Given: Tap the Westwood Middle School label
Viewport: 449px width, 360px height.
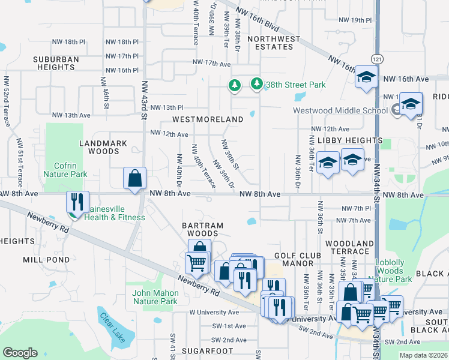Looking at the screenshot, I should pos(340,110).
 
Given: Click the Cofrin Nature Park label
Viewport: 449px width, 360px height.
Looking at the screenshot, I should pos(65,169).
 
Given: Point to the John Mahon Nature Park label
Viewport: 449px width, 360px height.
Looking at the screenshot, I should pos(155,297).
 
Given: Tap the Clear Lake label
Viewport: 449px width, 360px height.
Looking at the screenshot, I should pos(112,328).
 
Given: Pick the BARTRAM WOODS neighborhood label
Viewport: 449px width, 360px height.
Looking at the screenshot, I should pos(202,229).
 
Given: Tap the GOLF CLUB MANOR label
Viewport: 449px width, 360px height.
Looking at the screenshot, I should pos(298,260).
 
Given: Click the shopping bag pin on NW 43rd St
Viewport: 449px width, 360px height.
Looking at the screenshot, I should pos(134,178).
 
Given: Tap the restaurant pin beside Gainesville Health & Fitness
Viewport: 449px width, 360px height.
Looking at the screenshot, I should pos(77,202).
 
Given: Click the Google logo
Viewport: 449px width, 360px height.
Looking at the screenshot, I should pos(20,353).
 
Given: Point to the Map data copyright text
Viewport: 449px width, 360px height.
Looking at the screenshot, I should pos(423,355).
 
